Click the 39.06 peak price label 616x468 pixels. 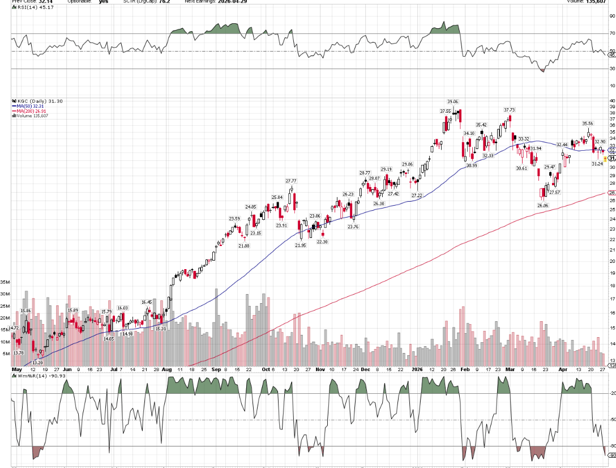pyautogui.click(x=452, y=101)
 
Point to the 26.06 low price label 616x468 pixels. pyautogui.click(x=542, y=205)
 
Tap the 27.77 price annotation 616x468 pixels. pyautogui.click(x=292, y=181)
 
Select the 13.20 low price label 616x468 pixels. pyautogui.click(x=38, y=363)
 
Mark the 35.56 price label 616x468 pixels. pyautogui.click(x=588, y=123)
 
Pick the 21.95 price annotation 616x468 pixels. pyautogui.click(x=300, y=245)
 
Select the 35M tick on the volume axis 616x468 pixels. pyautogui.click(x=6, y=282)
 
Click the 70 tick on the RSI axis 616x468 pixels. pyautogui.click(x=611, y=33)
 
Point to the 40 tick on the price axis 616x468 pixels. pyautogui.click(x=611, y=100)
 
